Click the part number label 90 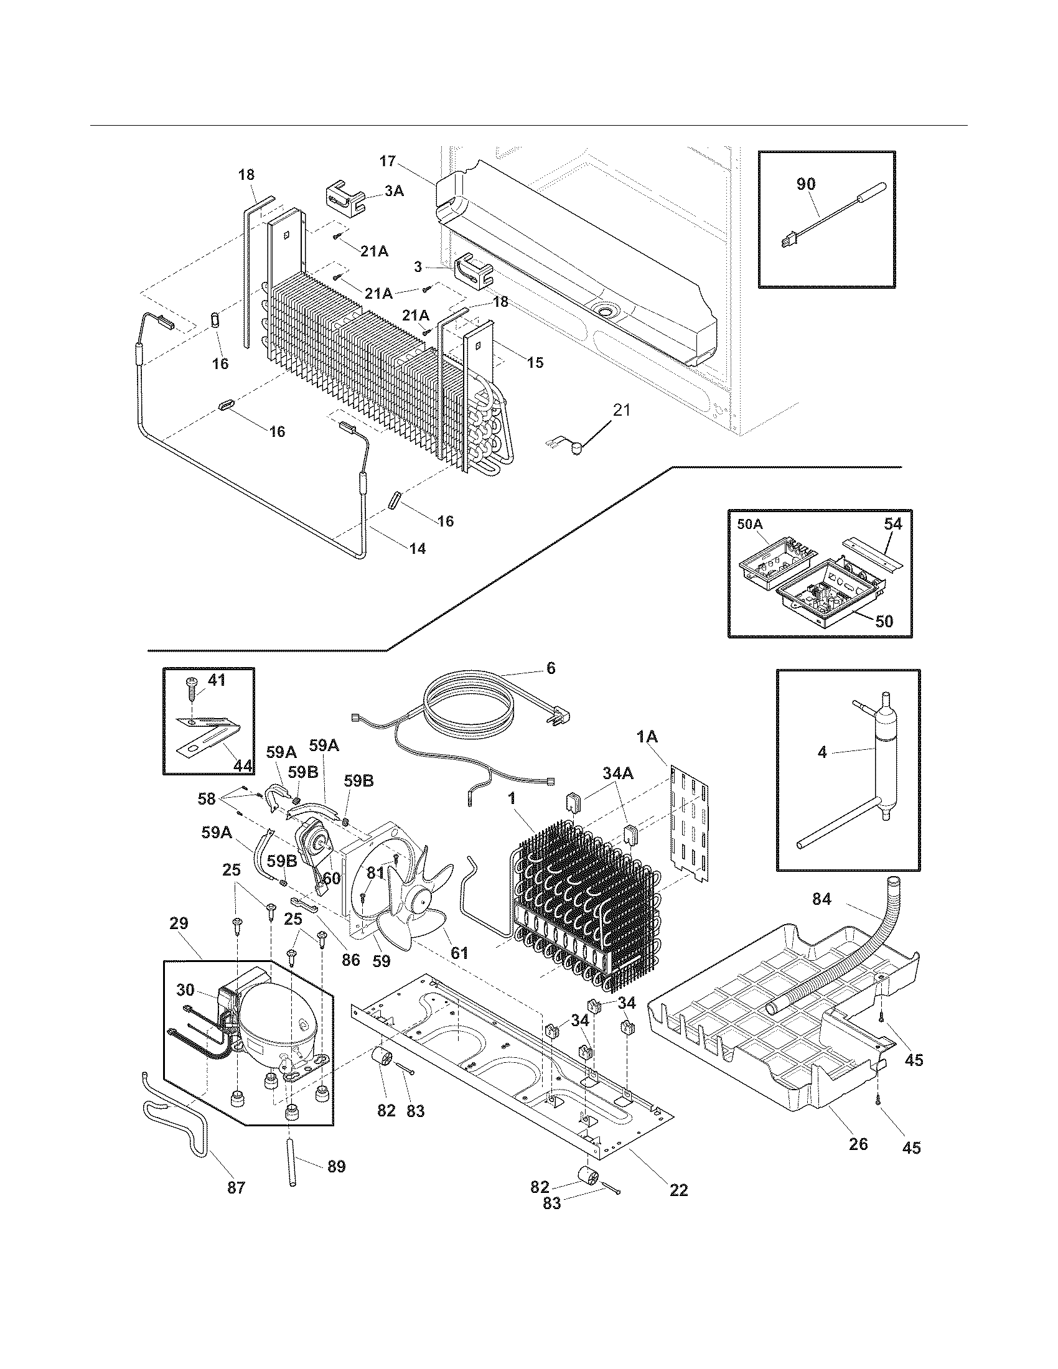(806, 184)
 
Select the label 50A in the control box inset (751, 524)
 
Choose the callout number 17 (387, 161)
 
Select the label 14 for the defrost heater (418, 548)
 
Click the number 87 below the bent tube (236, 1187)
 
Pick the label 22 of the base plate (679, 1190)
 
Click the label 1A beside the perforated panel (647, 739)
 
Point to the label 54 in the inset (893, 524)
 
